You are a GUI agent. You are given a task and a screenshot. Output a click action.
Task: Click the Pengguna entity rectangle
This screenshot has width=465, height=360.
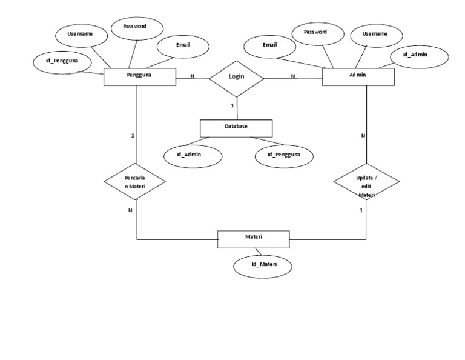coord(139,76)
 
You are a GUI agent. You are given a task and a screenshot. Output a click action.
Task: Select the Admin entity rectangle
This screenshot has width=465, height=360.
coord(358,76)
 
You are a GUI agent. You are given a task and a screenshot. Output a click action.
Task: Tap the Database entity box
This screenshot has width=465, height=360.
coord(236,128)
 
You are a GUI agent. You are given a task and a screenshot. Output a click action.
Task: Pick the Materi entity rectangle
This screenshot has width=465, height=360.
coord(254,239)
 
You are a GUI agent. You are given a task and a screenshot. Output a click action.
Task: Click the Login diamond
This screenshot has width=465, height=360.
coord(237,78)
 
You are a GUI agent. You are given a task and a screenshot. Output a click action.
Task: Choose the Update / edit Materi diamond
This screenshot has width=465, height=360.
coord(366,182)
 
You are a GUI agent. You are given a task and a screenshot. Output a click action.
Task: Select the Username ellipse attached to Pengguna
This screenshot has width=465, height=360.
coord(80,35)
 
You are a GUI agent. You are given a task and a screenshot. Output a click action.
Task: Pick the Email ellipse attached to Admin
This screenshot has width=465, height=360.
coord(270,45)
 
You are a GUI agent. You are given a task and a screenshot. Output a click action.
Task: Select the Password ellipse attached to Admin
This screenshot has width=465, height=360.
coord(315,32)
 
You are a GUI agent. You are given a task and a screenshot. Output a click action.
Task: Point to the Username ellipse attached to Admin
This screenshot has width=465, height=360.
coord(374,35)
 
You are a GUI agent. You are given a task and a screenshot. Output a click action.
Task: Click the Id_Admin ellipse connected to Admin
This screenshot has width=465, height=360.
coord(417,56)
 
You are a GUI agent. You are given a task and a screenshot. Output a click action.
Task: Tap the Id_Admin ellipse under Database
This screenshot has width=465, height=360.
coord(193,155)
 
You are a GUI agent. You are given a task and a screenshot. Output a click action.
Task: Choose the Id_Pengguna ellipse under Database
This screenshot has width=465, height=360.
coord(284,155)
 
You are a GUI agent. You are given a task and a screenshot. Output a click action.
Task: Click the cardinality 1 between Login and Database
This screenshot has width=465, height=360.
coord(232,106)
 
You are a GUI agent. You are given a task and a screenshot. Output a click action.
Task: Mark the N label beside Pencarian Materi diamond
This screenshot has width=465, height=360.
coord(130,210)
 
